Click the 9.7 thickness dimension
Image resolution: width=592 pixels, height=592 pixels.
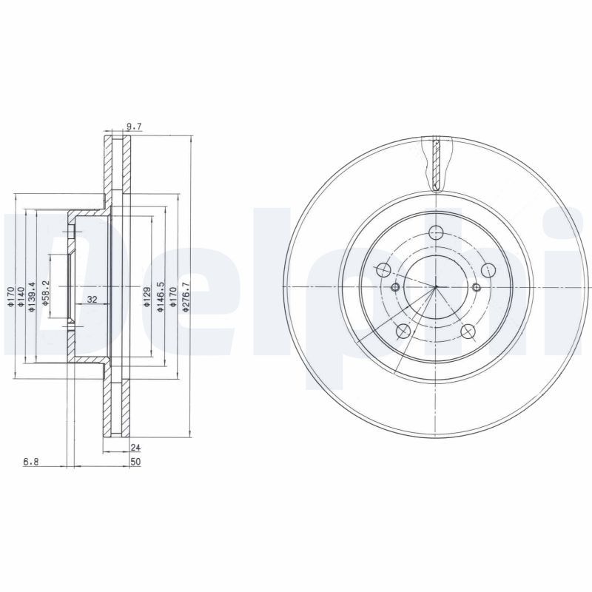click(x=134, y=127)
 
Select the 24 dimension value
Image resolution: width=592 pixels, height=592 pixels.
click(x=135, y=447)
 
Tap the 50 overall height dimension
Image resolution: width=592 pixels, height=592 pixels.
click(x=135, y=462)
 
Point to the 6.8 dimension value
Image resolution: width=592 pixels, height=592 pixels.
click(x=31, y=462)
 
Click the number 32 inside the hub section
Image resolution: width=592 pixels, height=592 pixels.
click(x=92, y=299)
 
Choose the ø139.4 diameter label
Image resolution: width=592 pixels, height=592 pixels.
click(x=32, y=297)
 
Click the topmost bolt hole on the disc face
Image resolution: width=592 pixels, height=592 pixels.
click(x=436, y=232)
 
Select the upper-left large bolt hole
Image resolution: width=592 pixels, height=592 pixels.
click(x=383, y=270)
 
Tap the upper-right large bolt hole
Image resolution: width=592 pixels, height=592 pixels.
click(x=488, y=271)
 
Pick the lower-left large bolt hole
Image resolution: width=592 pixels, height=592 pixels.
click(x=403, y=332)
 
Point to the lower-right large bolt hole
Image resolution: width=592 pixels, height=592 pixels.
click(x=468, y=332)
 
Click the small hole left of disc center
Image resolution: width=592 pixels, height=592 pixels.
click(x=395, y=287)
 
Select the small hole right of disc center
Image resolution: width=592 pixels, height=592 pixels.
click(x=477, y=287)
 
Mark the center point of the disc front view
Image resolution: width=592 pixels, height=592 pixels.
click(x=436, y=287)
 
